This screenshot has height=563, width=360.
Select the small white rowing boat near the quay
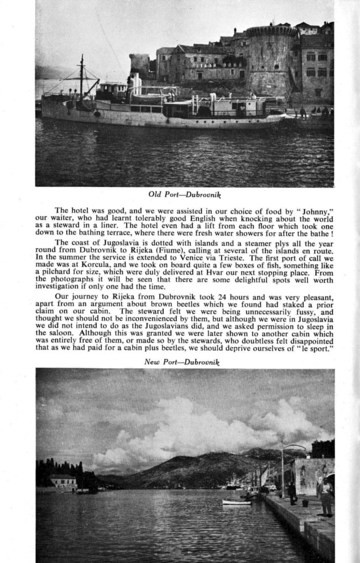tap(236, 502)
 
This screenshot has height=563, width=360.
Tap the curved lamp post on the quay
tap(283, 467)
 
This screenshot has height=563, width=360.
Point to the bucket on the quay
tap(305, 503)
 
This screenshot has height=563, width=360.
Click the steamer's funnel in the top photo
tap(134, 83)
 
